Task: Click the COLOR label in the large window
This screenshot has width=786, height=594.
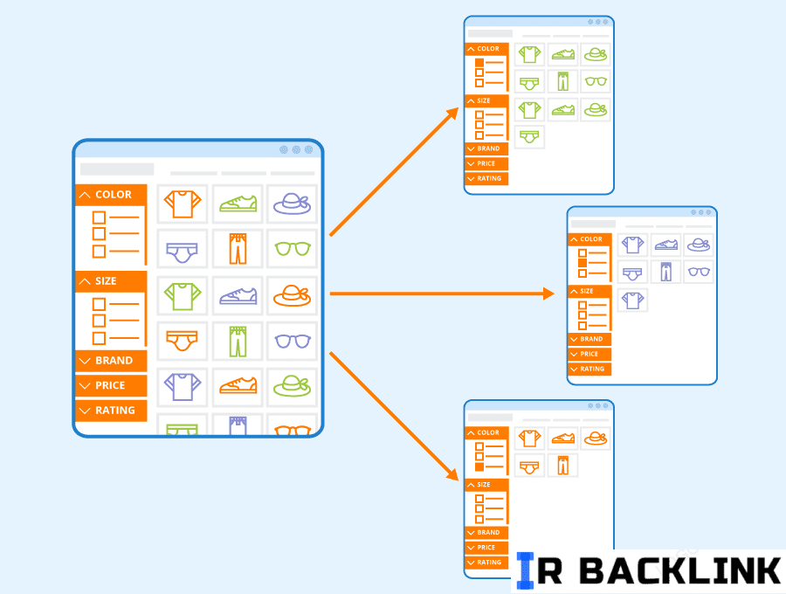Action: pos(114,195)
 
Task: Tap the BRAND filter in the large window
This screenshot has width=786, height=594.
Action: pos(114,361)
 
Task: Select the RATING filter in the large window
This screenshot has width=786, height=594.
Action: pos(114,411)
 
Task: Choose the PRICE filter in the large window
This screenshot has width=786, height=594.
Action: pos(111,385)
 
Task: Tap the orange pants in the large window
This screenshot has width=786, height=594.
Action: pos(238,249)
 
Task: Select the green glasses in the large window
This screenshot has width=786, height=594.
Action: pos(293,249)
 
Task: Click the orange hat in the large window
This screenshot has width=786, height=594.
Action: pos(293,295)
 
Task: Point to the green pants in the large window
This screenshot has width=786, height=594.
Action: pos(238,341)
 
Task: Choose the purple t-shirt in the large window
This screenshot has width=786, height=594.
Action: pos(183,385)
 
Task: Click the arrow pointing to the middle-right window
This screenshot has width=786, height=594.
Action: pos(441,294)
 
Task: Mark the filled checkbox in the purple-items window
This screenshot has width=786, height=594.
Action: pos(583,261)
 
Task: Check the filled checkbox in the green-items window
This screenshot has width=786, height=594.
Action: pos(479,63)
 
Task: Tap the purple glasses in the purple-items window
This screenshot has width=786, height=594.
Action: pos(698,272)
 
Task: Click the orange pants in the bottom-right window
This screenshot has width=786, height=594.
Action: pos(562,466)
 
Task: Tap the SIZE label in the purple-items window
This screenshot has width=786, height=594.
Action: pos(586,291)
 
